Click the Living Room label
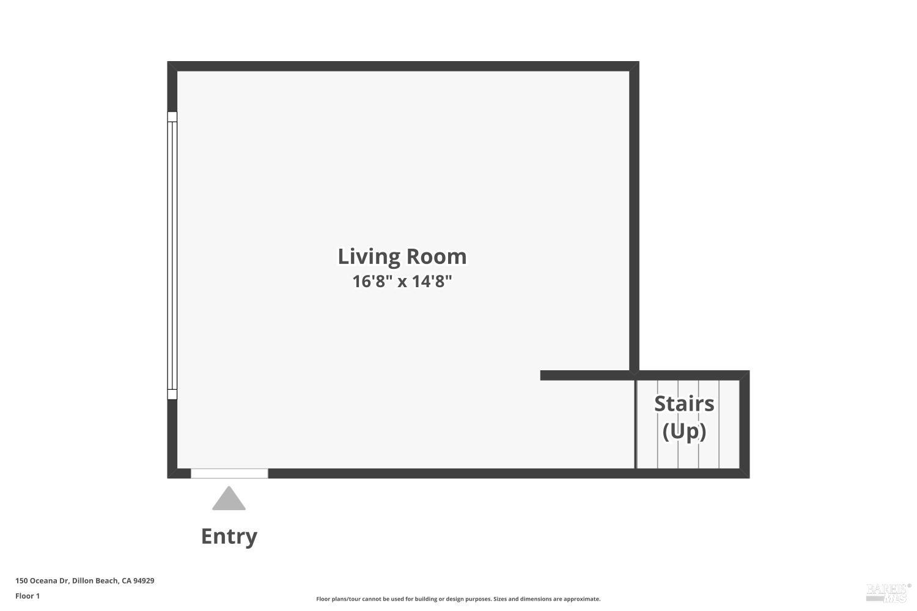[402, 257]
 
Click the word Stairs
[684, 403]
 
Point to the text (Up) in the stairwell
[684, 431]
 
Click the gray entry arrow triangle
[229, 499]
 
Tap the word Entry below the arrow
[229, 536]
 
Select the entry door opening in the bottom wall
[229, 473]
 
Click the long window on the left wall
[172, 255]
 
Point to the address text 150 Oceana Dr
[42, 580]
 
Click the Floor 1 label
[28, 596]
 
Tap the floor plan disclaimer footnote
[458, 599]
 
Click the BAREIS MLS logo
[888, 592]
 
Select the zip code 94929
[144, 580]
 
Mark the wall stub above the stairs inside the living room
[586, 375]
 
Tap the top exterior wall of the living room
[403, 66]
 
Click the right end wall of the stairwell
[744, 424]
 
